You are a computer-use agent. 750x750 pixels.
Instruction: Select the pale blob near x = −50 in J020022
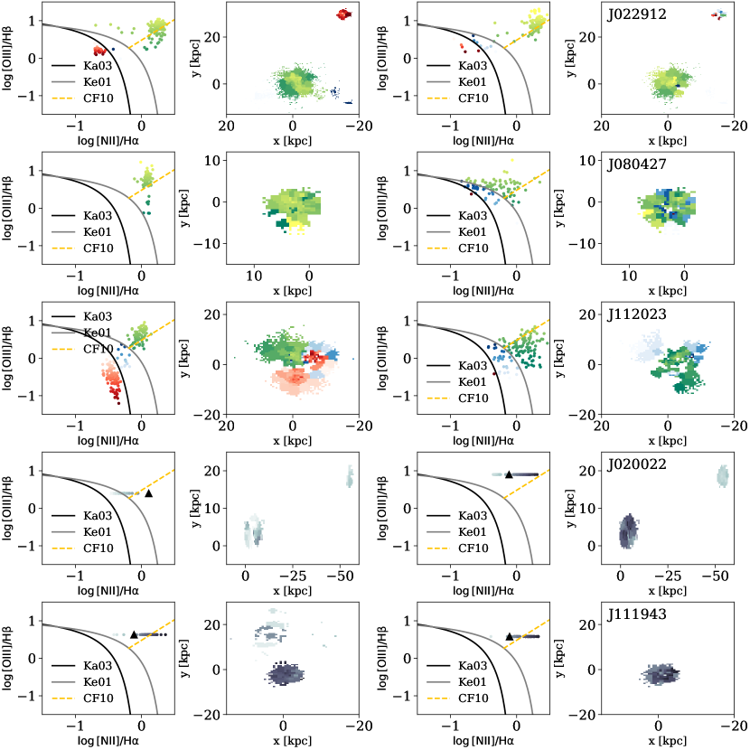[722, 475]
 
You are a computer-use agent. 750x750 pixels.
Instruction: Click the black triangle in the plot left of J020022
[509, 473]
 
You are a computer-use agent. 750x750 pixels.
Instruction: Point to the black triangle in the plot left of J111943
[510, 636]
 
